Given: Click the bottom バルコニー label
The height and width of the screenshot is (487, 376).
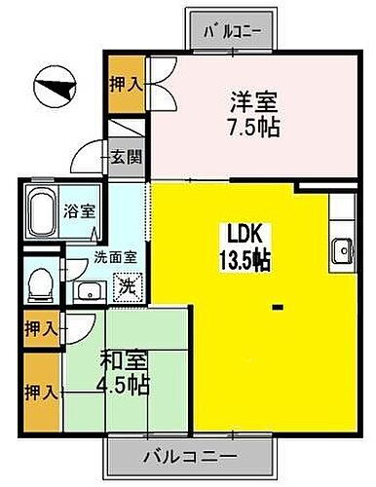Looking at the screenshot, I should pos(188,455).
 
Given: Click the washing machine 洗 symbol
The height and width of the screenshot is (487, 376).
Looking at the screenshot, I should pos(126,288).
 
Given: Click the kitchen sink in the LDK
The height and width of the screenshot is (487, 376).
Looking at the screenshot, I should pos(342,250).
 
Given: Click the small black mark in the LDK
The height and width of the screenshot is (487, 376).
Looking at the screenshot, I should pos(278,308).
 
